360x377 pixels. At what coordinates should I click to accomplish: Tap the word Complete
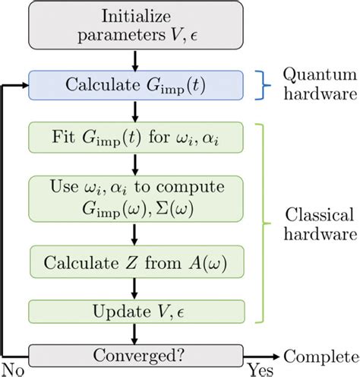click(319, 355)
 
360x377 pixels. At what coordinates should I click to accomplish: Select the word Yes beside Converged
click(258, 369)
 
